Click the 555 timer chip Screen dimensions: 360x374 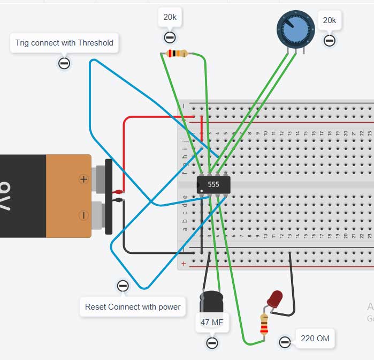click(213, 185)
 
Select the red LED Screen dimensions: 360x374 click(276, 299)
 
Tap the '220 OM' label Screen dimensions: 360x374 click(315, 338)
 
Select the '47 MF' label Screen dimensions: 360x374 click(212, 323)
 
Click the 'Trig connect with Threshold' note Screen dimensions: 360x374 click(64, 43)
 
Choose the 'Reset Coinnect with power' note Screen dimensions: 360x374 click(133, 307)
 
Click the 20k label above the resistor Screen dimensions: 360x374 click(170, 18)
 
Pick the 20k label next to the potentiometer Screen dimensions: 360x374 click(329, 21)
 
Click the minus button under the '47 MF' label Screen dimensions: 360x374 click(212, 342)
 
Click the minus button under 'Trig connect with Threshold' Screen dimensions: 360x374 click(64, 64)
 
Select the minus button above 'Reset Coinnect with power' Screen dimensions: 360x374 click(123, 286)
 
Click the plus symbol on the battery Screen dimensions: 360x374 click(83, 179)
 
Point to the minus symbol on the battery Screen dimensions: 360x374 click(83, 215)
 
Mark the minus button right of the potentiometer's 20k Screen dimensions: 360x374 click(330, 40)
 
